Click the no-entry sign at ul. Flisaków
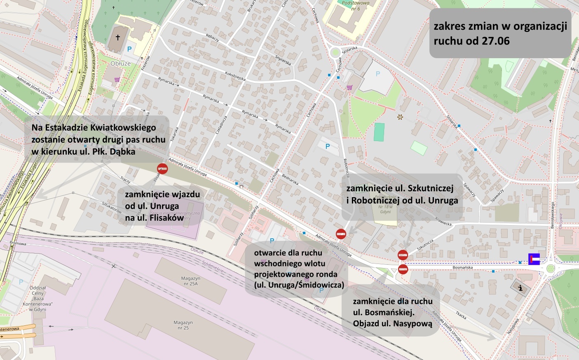pyautogui.click(x=162, y=168)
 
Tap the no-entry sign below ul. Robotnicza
pyautogui.click(x=341, y=234)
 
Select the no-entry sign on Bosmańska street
pyautogui.click(x=403, y=269)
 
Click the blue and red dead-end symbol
pyautogui.click(x=534, y=259)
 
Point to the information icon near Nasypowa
pyautogui.click(x=520, y=287)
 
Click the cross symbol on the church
pyautogui.click(x=117, y=38)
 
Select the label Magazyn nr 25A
pyautogui.click(x=190, y=281)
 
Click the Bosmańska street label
pyautogui.click(x=463, y=268)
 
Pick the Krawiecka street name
pyautogui.click(x=443, y=222)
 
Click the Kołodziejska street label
pyautogui.click(x=235, y=76)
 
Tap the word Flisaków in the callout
pyautogui.click(x=166, y=218)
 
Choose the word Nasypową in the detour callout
pyautogui.click(x=412, y=323)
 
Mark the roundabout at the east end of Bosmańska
pyautogui.click(x=551, y=268)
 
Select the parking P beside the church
pyautogui.click(x=129, y=49)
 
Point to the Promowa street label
pyautogui.click(x=18, y=243)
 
